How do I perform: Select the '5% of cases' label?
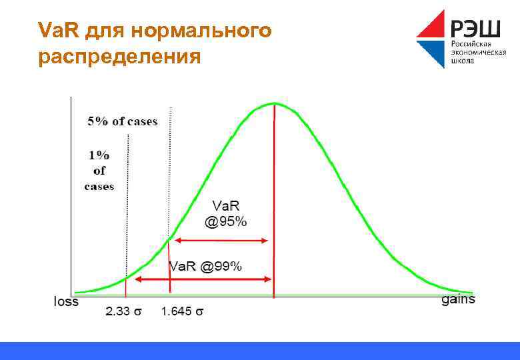[x=123, y=121]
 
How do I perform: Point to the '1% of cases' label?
[x=99, y=170]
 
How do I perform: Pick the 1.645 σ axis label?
[x=182, y=311]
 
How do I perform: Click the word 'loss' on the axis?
[x=66, y=301]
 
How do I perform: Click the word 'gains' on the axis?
[x=458, y=299]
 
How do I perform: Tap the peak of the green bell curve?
[x=274, y=103]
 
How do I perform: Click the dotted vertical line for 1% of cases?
[x=127, y=200]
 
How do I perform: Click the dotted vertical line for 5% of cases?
[x=170, y=167]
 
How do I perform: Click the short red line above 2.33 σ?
[x=126, y=287]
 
